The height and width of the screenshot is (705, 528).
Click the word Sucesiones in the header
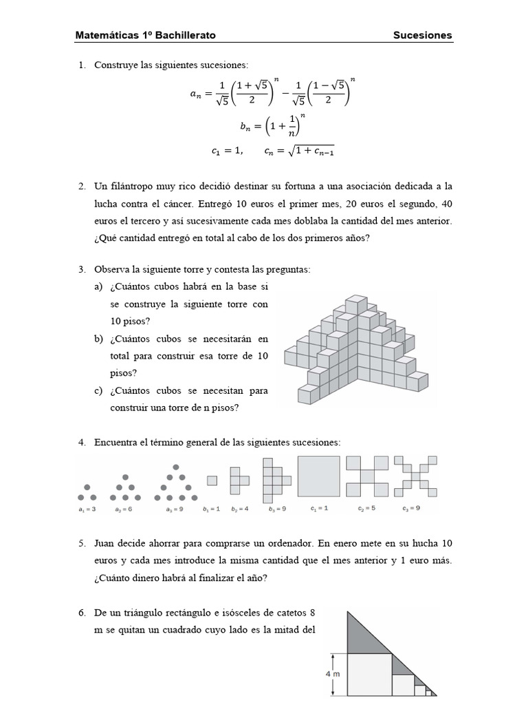(x=422, y=35)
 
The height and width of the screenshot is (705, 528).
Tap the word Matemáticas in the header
(x=108, y=35)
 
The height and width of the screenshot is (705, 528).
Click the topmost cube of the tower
(x=355, y=304)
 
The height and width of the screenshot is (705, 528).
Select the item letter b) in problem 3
(x=100, y=339)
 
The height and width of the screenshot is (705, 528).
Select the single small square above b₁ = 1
(x=212, y=481)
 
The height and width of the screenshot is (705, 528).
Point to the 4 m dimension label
(x=333, y=675)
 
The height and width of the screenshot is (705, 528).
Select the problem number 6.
(x=81, y=612)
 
